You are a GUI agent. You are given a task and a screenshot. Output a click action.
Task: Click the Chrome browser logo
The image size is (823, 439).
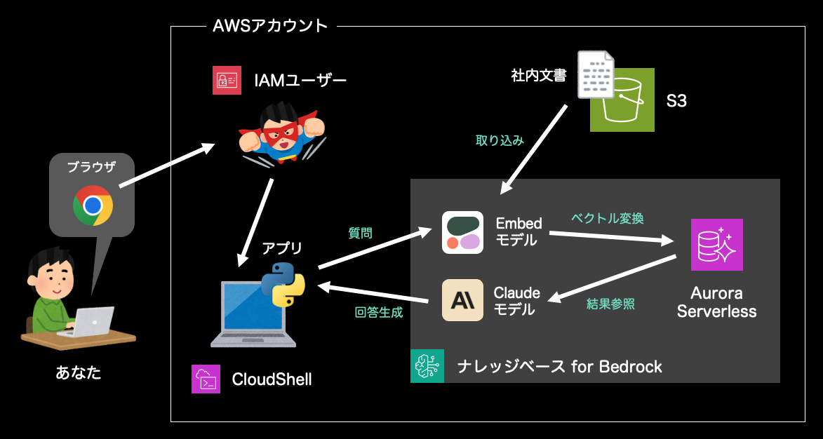pos(93,205)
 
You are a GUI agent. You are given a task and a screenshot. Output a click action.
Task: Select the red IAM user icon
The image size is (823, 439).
pos(227,81)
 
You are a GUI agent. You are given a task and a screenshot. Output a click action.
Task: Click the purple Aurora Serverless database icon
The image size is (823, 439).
pos(716,244)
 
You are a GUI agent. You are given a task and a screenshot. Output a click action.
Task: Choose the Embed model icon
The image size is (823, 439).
pos(462,232)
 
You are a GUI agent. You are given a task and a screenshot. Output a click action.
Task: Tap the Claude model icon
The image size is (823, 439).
pos(462,299)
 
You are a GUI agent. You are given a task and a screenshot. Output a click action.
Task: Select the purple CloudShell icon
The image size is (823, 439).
pos(206,379)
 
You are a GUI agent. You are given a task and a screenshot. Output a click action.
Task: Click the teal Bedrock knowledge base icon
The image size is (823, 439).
pos(427,365)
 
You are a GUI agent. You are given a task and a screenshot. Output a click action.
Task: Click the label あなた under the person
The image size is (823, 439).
pos(79,372)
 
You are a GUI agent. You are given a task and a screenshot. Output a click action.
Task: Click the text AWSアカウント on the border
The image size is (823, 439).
pos(270,26)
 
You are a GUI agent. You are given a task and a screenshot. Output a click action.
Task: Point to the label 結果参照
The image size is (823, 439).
pos(610,304)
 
